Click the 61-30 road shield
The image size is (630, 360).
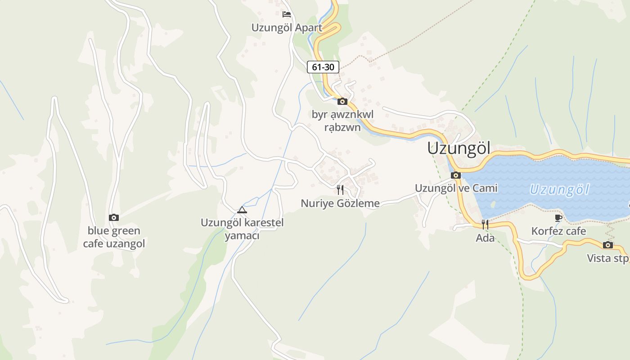[x=323, y=67]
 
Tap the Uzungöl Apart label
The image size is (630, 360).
[x=287, y=28]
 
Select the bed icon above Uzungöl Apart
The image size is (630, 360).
[x=287, y=14]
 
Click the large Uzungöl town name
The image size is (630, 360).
[x=459, y=148]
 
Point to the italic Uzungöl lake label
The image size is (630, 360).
[x=559, y=189]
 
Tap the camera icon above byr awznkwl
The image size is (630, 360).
[x=342, y=101]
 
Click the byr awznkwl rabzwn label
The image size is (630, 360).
[x=342, y=121]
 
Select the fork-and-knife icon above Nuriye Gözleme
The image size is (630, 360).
[x=340, y=190]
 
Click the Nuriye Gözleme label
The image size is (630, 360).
[x=340, y=203]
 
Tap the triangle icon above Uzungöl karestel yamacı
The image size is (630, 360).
[x=242, y=210]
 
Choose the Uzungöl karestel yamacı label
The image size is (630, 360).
[x=242, y=229]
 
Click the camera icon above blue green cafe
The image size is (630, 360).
[x=114, y=218]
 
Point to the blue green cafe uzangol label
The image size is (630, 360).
[x=114, y=237]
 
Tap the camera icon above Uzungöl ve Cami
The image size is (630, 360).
[x=456, y=175]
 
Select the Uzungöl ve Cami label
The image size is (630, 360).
[x=456, y=188]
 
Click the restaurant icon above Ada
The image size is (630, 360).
[x=485, y=224]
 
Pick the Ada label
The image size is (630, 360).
[x=485, y=238]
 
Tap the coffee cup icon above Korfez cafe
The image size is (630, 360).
[x=558, y=218]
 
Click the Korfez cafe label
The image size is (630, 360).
[x=558, y=231]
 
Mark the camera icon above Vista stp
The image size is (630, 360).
[x=608, y=245]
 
